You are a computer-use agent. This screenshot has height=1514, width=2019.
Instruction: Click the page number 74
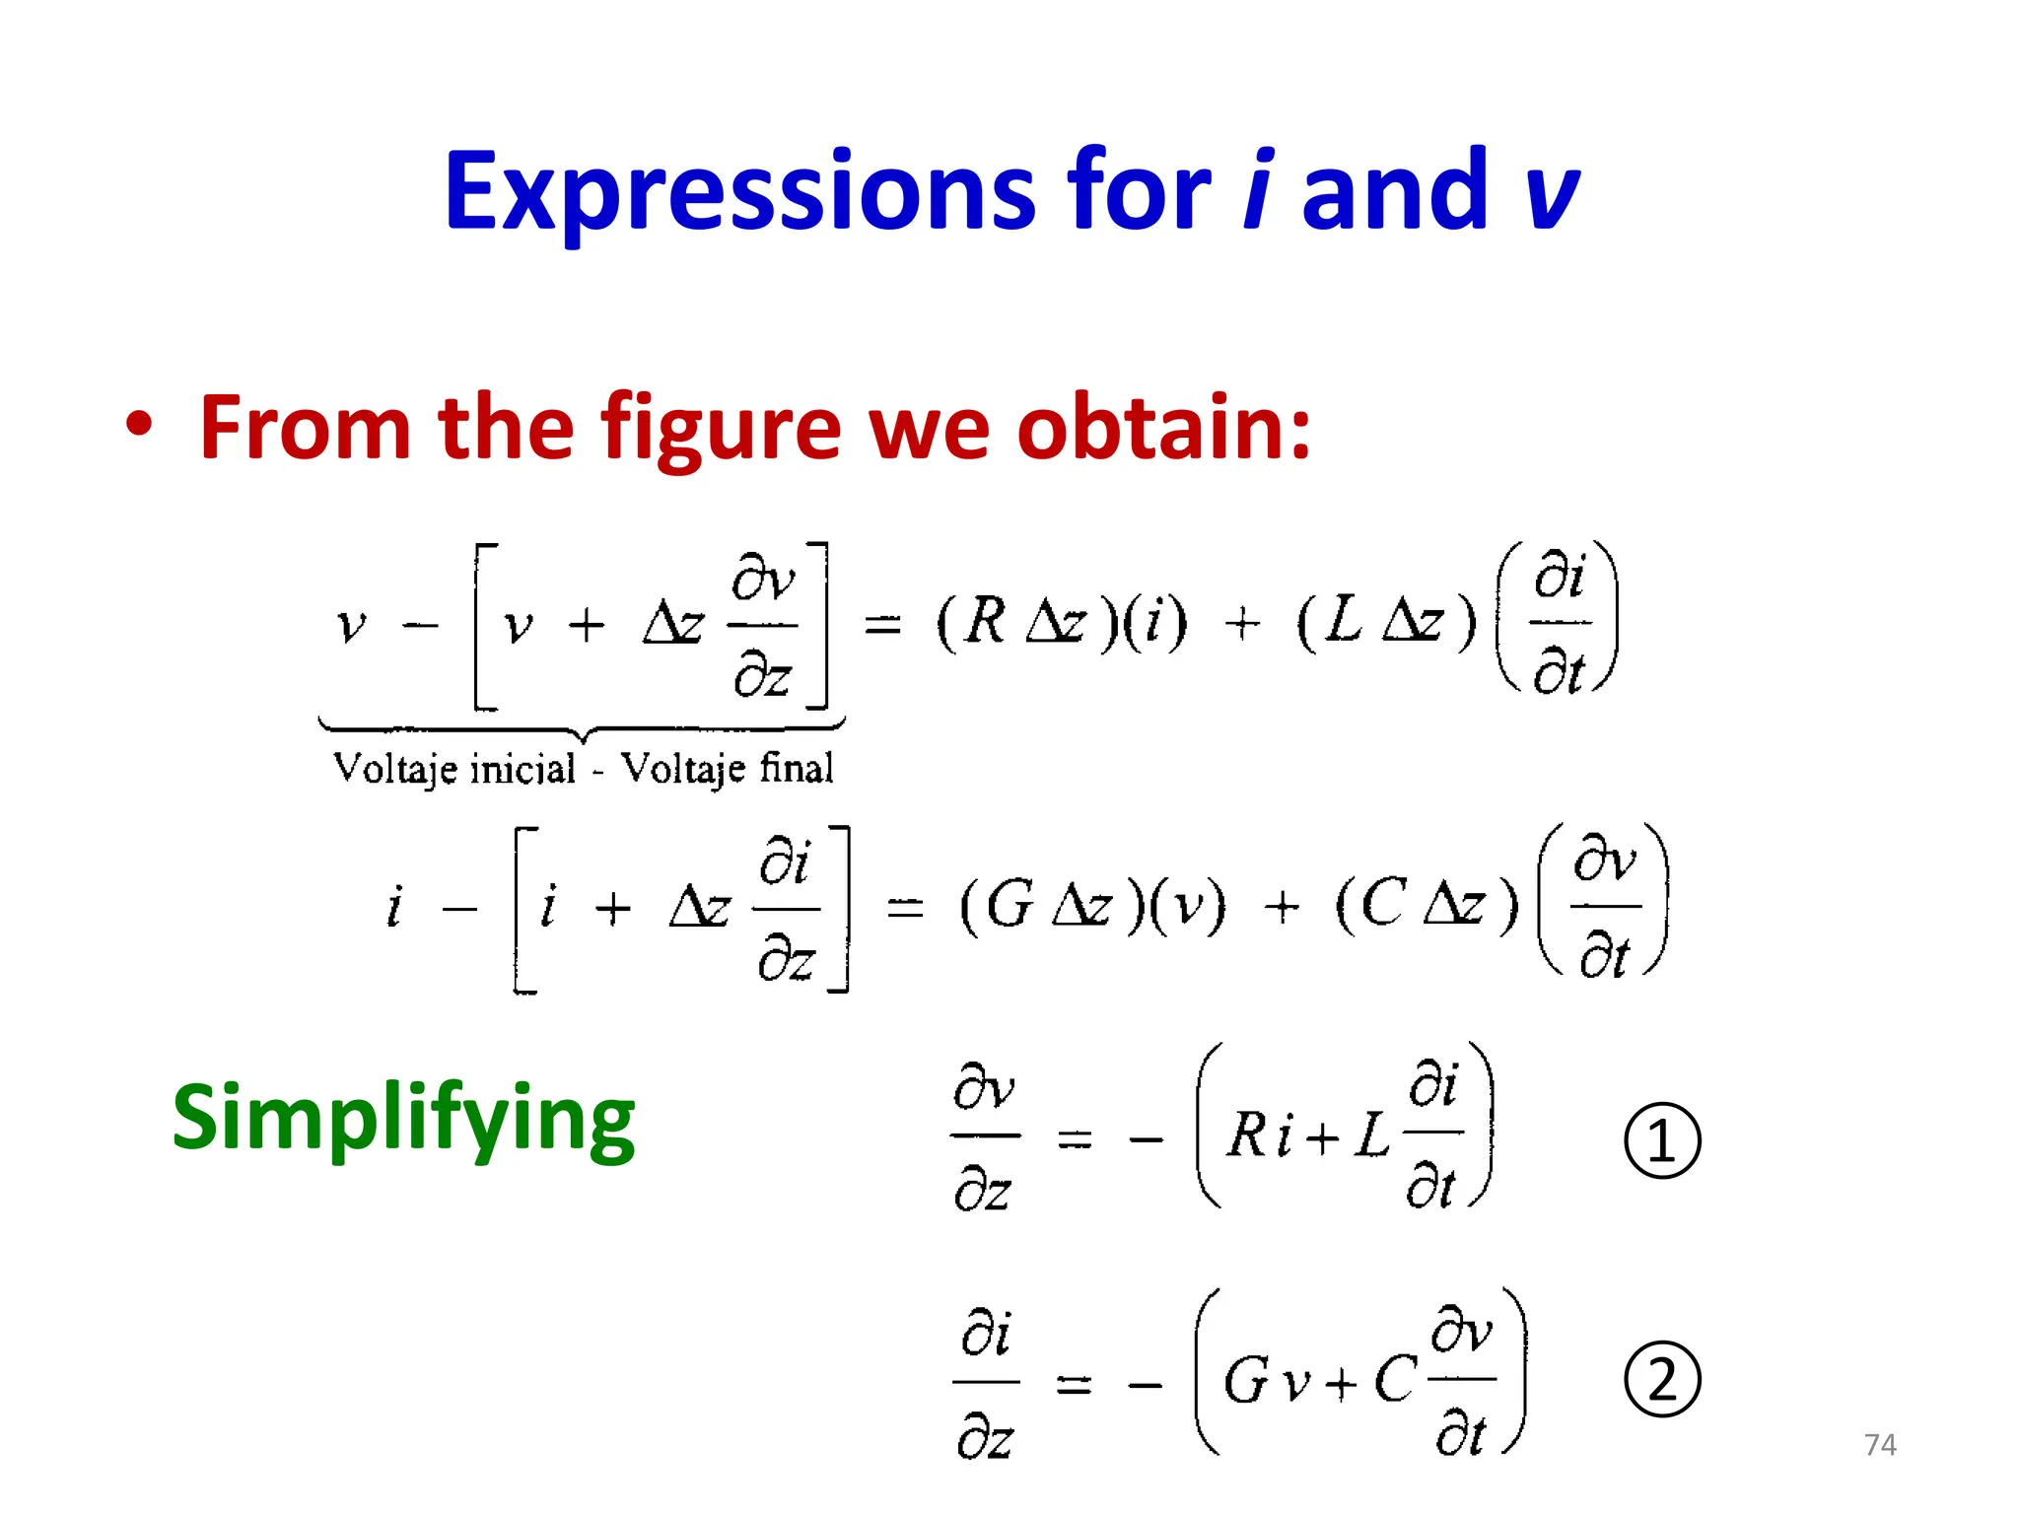1880,1445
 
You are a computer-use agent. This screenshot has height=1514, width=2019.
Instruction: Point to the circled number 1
1662,1140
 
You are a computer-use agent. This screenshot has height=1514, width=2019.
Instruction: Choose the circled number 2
1662,1380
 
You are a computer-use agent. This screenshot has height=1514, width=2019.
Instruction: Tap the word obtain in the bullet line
1163,427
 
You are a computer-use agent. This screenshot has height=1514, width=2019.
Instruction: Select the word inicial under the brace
522,769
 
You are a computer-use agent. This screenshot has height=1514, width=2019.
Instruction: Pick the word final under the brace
797,767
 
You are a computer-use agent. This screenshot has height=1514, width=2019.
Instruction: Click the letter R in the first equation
985,622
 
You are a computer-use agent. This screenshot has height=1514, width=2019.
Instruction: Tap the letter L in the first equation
1345,621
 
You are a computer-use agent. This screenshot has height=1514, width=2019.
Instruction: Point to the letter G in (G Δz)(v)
1009,905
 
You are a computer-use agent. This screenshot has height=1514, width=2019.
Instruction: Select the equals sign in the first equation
882,625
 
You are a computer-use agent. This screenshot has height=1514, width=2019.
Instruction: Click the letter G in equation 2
1245,1381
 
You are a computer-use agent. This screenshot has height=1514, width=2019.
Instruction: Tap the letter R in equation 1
1247,1135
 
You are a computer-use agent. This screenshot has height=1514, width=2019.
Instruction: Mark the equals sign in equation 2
1074,1385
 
